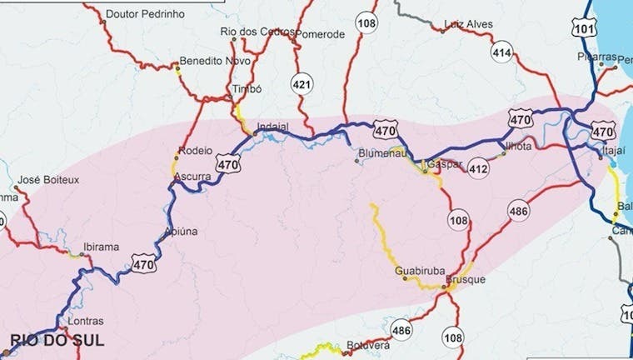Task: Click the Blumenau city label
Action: pos(380,153)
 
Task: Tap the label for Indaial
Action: pos(273,127)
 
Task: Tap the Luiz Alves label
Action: pos(469,24)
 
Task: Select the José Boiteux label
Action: pos(47,179)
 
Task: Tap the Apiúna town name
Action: pos(182,231)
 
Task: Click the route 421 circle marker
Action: pos(301,82)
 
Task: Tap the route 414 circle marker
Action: pos(501,53)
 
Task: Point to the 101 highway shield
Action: pos(585,27)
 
